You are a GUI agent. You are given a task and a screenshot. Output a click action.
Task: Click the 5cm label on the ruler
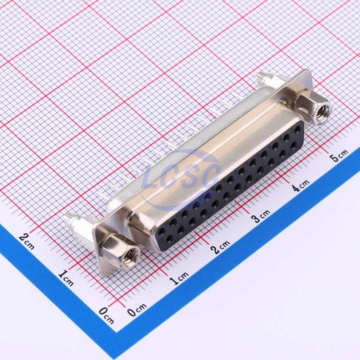tap(338, 156)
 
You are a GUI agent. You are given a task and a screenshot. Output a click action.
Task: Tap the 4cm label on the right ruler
tap(301, 185)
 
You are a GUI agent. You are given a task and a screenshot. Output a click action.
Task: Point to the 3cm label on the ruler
tap(262, 216)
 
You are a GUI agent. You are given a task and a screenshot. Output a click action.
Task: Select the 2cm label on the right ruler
tap(221, 247)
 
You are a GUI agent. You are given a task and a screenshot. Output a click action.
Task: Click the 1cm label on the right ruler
tap(179, 278)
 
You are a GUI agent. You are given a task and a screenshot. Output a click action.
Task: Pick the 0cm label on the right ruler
tap(137, 310)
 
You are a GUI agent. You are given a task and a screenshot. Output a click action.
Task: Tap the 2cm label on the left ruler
tap(27, 240)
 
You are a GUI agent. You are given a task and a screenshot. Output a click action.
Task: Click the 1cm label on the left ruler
tap(66, 277)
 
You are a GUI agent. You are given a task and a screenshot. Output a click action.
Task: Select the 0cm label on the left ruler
tap(106, 315)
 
